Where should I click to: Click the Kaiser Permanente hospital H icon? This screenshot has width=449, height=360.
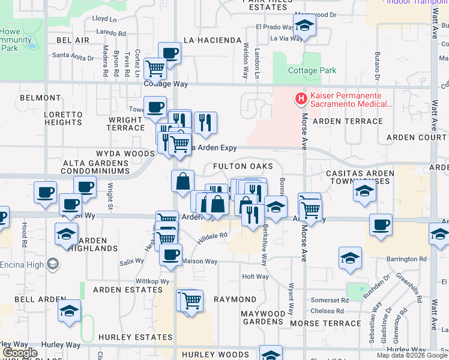299,98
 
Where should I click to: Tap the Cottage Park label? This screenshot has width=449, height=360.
312,70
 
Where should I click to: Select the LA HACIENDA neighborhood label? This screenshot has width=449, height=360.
212,40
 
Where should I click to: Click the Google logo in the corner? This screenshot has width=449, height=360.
20,352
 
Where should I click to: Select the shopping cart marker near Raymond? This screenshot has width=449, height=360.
191,300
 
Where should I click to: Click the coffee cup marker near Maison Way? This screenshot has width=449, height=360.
170,254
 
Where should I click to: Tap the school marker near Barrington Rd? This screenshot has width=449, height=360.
350,258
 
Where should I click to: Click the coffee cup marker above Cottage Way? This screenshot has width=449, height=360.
169,53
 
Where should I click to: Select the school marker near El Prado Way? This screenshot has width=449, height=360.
304,26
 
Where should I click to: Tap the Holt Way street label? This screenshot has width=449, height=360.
255,277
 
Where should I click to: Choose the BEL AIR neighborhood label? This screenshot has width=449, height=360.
73,40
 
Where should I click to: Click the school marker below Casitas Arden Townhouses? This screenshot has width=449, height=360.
364,191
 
